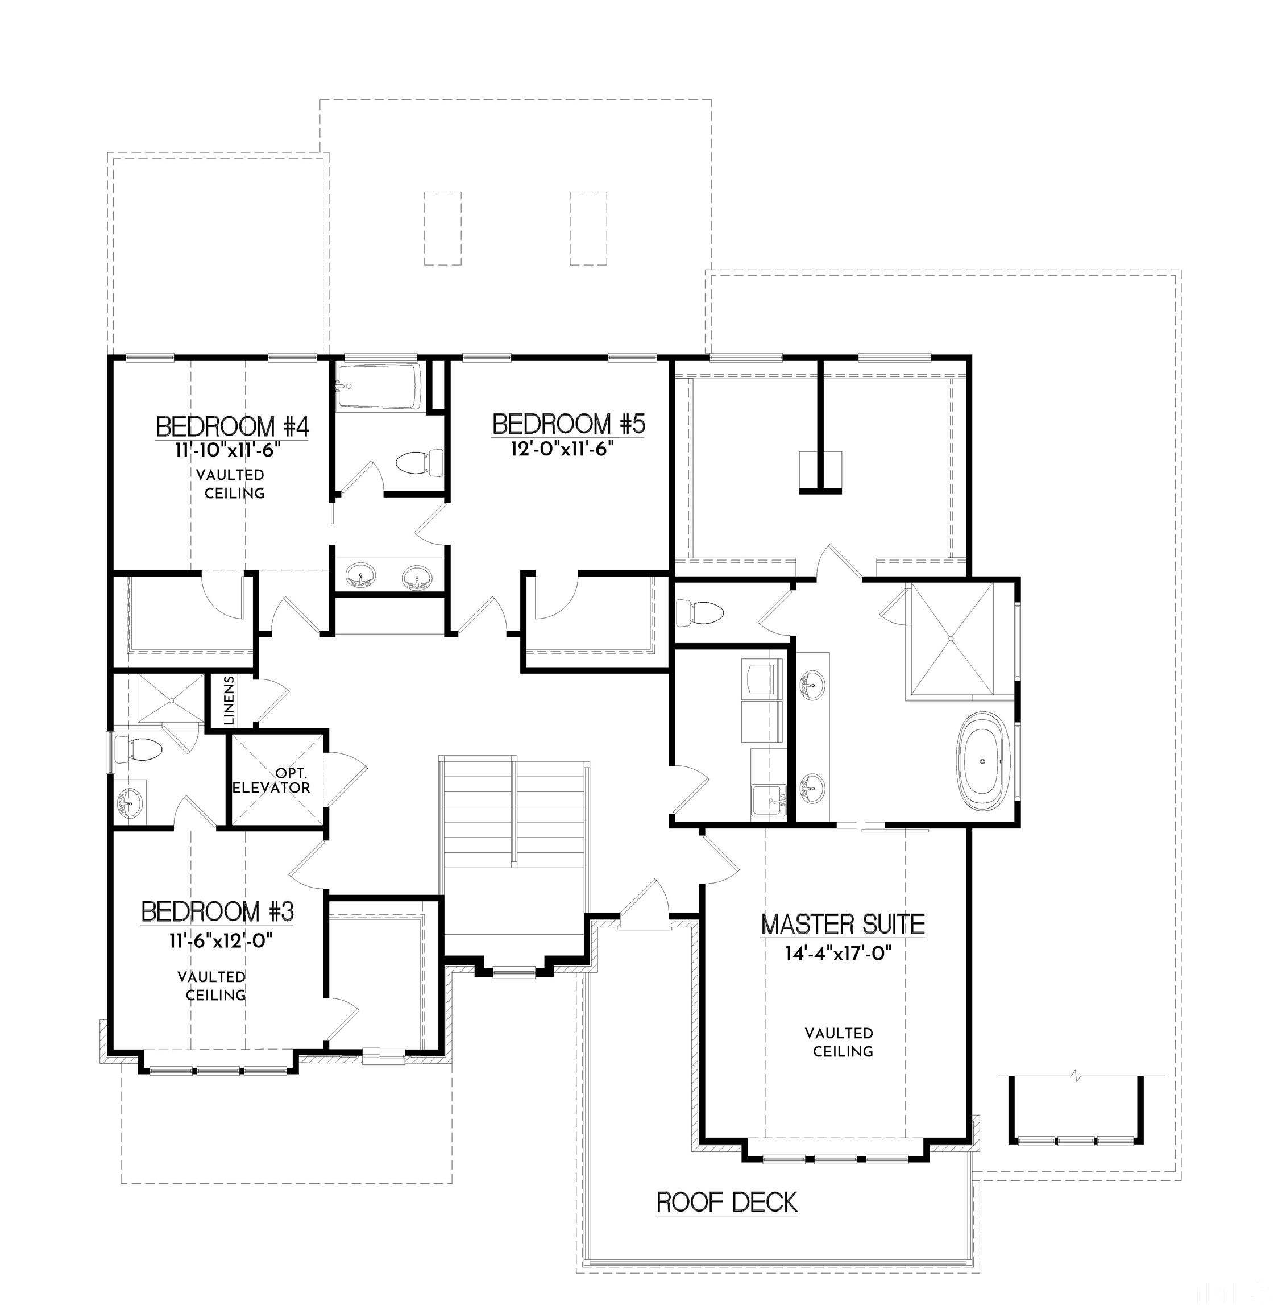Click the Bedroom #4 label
tap(233, 426)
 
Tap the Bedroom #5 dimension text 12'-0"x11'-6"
tap(562, 449)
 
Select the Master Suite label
tap(843, 925)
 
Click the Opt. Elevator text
tap(272, 781)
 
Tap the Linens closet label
tap(229, 700)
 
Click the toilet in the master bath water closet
tap(699, 612)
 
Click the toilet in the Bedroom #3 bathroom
tap(138, 750)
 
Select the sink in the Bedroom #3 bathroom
tap(127, 799)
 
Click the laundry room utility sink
tap(768, 799)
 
